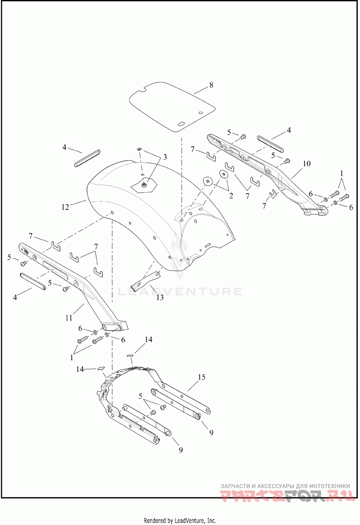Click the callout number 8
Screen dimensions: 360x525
click(211, 85)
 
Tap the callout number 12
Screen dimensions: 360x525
click(65, 207)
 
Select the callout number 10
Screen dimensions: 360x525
click(306, 164)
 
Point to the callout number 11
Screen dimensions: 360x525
click(69, 317)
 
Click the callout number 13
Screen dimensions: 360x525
click(160, 297)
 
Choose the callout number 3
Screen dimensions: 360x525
click(165, 157)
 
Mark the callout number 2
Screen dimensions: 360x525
click(231, 196)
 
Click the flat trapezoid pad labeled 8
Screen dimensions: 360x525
click(172, 106)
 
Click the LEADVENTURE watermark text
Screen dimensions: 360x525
click(180, 291)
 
